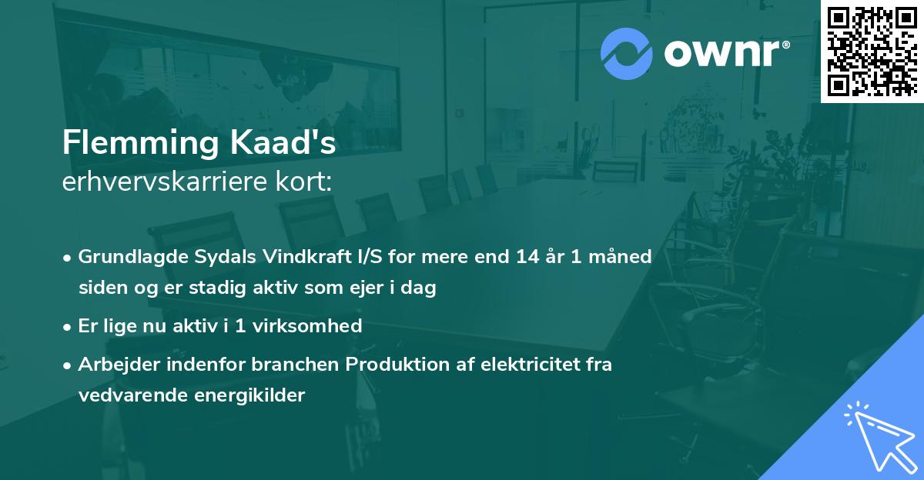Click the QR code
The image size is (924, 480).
coord(872,52)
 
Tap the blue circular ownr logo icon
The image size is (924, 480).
coord(626,54)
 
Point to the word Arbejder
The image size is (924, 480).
coord(114,364)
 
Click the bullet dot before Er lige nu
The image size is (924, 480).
coord(69,326)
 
